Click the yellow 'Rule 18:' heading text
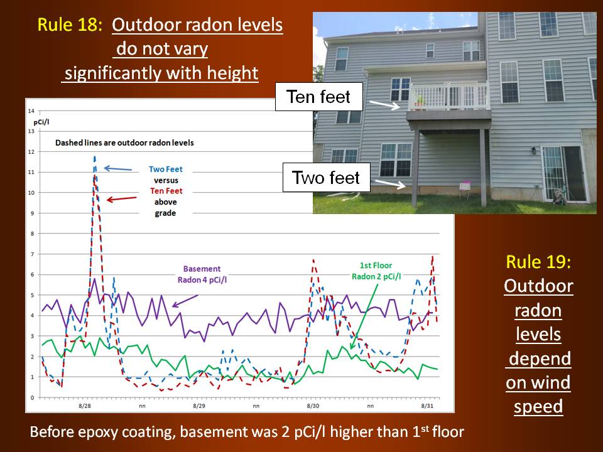[x=70, y=24]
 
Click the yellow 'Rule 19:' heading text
[x=538, y=262]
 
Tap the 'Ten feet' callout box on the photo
[x=319, y=97]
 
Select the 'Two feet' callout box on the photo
[x=326, y=177]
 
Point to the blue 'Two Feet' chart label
[x=165, y=169]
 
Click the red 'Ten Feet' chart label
[x=166, y=191]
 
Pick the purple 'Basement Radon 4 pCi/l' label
[x=202, y=274]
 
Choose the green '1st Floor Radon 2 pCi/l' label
[x=376, y=271]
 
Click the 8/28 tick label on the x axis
[x=85, y=406]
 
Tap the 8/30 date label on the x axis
[x=313, y=406]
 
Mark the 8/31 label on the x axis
[x=427, y=406]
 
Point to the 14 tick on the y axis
[x=31, y=110]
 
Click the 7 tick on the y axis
[x=32, y=254]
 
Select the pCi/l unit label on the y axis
[x=41, y=122]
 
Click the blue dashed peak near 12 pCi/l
[x=95, y=157]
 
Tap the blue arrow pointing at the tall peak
[x=118, y=169]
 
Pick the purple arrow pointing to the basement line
[x=185, y=301]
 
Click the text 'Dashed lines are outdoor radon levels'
[x=124, y=143]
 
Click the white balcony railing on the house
[x=448, y=95]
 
